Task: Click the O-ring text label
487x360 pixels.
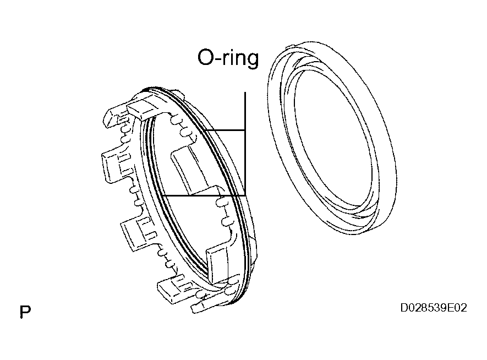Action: pos(228,58)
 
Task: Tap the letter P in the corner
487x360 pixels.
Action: pos(25,312)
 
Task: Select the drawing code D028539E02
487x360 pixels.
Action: pos(433,308)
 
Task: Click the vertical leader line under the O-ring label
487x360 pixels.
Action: pos(245,144)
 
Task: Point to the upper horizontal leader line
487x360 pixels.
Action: pos(226,130)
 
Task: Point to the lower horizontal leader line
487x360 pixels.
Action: pos(204,195)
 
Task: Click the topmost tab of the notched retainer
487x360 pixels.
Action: pos(143,107)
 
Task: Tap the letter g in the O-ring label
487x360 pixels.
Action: pos(252,60)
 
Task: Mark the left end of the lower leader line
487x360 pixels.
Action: pos(163,195)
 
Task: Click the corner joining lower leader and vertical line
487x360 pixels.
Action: pos(245,195)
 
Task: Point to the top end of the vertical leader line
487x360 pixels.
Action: pos(245,92)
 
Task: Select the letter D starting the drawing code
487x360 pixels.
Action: pos(404,308)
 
